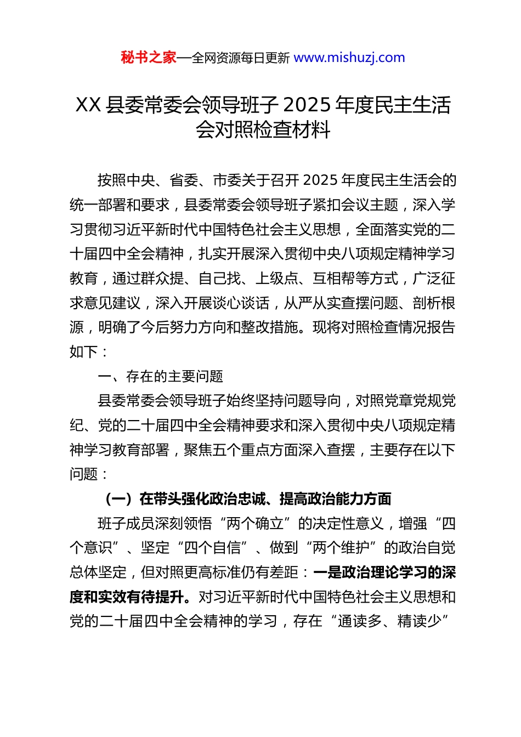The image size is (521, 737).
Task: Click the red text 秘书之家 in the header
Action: pos(149,58)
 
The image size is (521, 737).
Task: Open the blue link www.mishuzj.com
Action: pos(349,58)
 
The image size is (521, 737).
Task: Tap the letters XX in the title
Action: pos(88,105)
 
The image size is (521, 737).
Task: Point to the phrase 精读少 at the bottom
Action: pos(419,621)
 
